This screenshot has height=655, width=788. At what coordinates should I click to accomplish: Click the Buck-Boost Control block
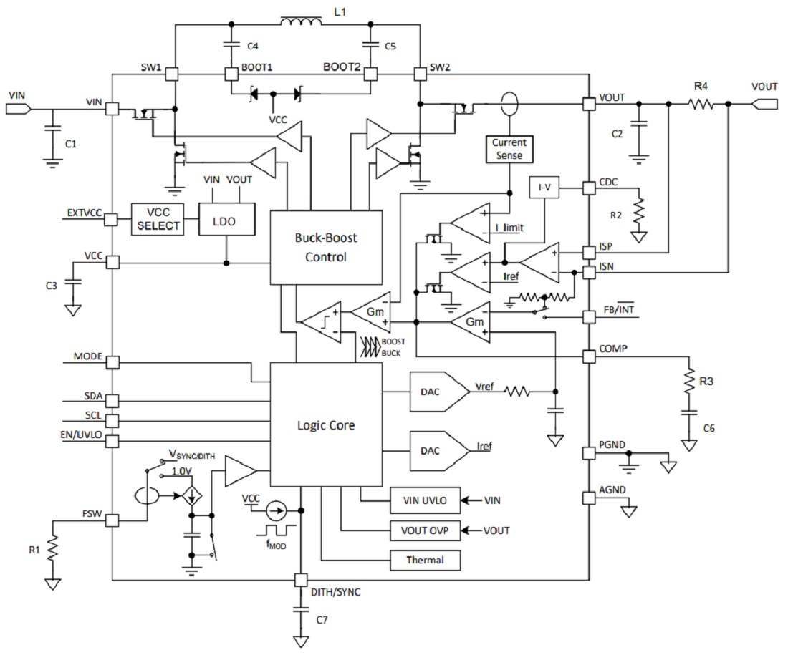pos(326,247)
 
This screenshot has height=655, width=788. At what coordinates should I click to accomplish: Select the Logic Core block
pos(326,424)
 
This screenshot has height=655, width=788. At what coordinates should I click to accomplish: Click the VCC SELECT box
pos(157,219)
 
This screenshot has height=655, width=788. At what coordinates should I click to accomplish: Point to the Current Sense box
pos(509,149)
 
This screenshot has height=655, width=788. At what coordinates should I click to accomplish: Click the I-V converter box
pos(543,188)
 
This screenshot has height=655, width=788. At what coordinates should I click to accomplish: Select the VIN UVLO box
pos(425,500)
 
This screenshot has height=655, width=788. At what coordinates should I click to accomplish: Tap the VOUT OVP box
pos(425,530)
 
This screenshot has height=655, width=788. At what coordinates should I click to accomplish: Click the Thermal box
pos(425,560)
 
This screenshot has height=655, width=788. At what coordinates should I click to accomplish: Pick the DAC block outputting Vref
pos(433,392)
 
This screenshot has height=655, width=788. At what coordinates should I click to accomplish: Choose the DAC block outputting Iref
pos(433,451)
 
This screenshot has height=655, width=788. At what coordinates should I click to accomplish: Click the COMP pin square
pos(589,356)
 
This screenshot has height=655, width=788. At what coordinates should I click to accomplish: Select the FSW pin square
pos(112,521)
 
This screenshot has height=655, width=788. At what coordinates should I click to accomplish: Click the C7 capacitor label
pos(321,621)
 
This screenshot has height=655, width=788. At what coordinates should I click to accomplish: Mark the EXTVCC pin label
pos(85,212)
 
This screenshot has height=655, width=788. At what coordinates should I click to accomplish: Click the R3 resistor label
pos(706,382)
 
